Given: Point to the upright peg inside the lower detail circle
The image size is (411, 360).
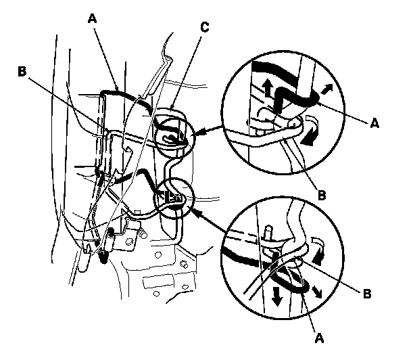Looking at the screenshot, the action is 270,233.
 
